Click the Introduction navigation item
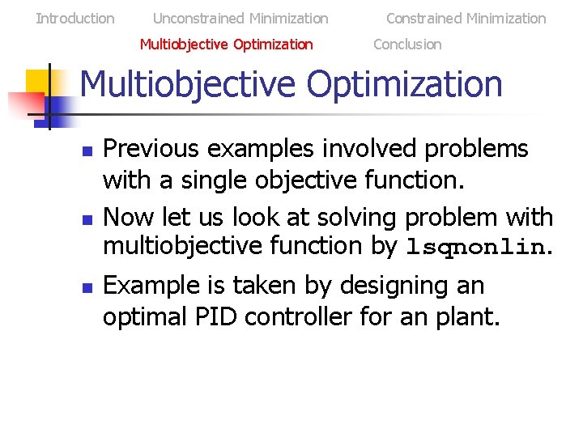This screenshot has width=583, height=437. [x=75, y=18]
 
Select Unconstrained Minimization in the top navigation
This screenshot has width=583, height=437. [x=240, y=18]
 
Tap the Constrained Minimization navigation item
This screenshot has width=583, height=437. [x=466, y=18]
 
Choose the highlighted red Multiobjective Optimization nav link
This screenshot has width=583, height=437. [x=226, y=45]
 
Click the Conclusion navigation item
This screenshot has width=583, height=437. [x=407, y=45]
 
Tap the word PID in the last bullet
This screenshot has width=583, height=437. [x=217, y=317]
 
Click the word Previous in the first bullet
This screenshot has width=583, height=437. [x=154, y=149]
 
